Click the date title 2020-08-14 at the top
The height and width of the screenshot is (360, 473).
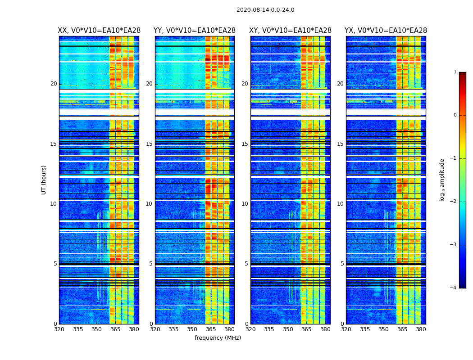click(x=265, y=10)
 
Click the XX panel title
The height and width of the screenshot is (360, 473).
click(x=99, y=31)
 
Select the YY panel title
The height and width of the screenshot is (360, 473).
click(x=195, y=31)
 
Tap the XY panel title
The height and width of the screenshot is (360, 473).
click(x=291, y=31)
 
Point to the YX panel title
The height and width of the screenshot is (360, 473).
click(x=386, y=31)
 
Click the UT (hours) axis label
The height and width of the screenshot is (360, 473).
click(x=44, y=180)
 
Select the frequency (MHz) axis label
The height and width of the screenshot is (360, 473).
click(x=218, y=338)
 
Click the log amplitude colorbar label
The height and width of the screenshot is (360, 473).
click(x=442, y=180)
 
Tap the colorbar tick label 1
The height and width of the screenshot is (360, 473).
click(x=455, y=72)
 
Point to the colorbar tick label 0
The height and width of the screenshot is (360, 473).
click(x=455, y=115)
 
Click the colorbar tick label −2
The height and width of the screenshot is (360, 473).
click(x=454, y=202)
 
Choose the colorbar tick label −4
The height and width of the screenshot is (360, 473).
click(x=454, y=288)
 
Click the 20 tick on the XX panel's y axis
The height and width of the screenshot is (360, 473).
click(x=54, y=84)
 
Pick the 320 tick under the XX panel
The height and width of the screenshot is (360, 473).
click(x=59, y=329)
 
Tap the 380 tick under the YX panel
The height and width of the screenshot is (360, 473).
click(x=421, y=329)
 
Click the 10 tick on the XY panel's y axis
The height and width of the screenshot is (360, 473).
click(x=245, y=204)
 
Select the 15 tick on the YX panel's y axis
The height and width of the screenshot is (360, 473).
click(x=340, y=144)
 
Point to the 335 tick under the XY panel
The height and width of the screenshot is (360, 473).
click(x=269, y=329)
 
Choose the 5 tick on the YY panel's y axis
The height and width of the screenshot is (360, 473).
click(x=150, y=264)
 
